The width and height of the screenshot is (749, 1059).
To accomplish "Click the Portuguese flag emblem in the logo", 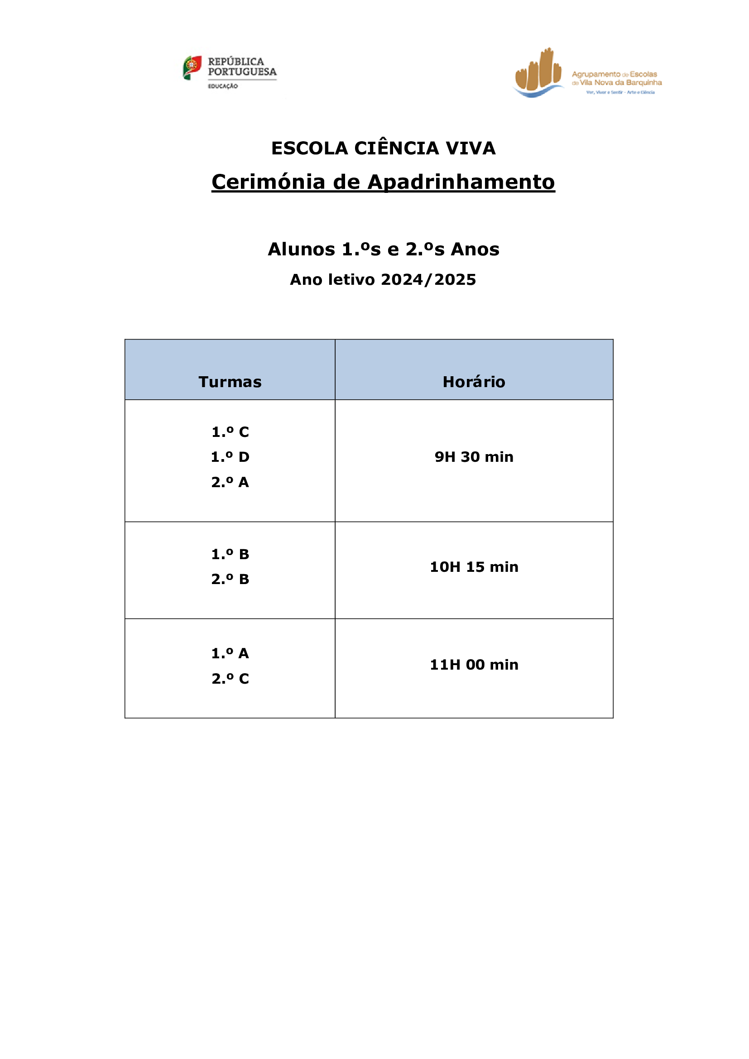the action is click(192, 68).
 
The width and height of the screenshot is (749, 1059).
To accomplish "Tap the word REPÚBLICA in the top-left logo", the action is click(236, 61).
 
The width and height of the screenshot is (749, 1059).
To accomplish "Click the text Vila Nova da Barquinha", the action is click(621, 82).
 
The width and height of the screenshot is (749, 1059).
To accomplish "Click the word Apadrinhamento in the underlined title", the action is click(461, 182).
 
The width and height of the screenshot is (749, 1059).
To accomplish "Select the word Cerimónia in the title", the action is click(269, 182).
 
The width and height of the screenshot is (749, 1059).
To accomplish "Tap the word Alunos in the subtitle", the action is click(302, 249).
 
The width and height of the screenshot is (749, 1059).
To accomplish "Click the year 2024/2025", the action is click(428, 279).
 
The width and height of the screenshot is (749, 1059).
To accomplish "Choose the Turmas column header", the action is click(230, 382).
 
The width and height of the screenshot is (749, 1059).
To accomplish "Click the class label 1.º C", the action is click(230, 432).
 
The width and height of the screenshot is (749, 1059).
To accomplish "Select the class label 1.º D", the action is click(230, 457).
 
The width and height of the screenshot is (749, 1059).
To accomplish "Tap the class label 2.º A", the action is click(230, 482).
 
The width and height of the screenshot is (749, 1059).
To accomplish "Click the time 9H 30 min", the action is click(474, 457).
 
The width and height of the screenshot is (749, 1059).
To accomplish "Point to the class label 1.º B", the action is click(230, 554).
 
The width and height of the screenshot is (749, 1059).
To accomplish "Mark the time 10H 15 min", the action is click(474, 567).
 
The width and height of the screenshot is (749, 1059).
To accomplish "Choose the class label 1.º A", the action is click(230, 653).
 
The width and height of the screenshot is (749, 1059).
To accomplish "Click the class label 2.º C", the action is click(230, 679).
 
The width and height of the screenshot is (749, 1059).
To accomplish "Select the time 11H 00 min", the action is click(474, 665).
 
